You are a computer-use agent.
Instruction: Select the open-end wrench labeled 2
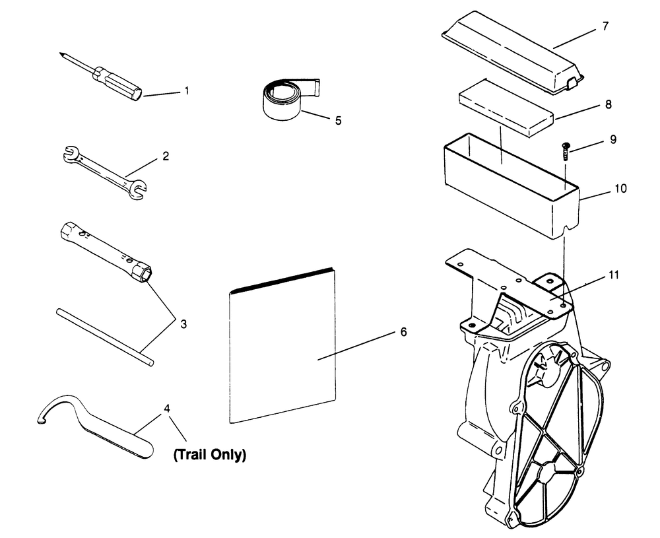coord(106,168)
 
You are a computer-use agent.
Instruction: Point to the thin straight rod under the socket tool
coord(106,336)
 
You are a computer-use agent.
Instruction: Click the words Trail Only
coord(209,454)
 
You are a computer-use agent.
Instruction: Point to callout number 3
coord(183,323)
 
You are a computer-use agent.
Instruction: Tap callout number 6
coord(403,331)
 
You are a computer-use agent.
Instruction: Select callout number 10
coord(620,189)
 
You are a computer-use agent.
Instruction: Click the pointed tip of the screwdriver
coord(60,54)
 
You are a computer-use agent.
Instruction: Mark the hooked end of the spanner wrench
coord(41,419)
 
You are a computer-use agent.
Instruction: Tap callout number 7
coord(605,26)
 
